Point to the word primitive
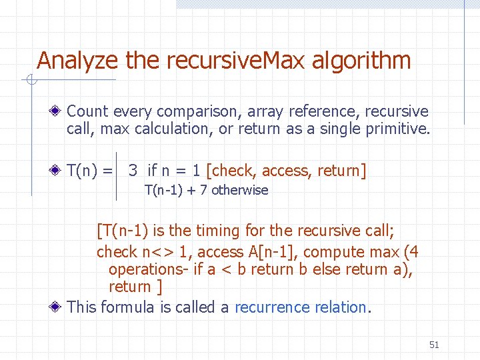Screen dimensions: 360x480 click(x=397, y=129)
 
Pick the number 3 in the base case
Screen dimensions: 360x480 click(x=133, y=171)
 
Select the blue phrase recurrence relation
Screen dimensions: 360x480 click(x=301, y=307)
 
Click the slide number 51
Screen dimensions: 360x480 click(x=434, y=345)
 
